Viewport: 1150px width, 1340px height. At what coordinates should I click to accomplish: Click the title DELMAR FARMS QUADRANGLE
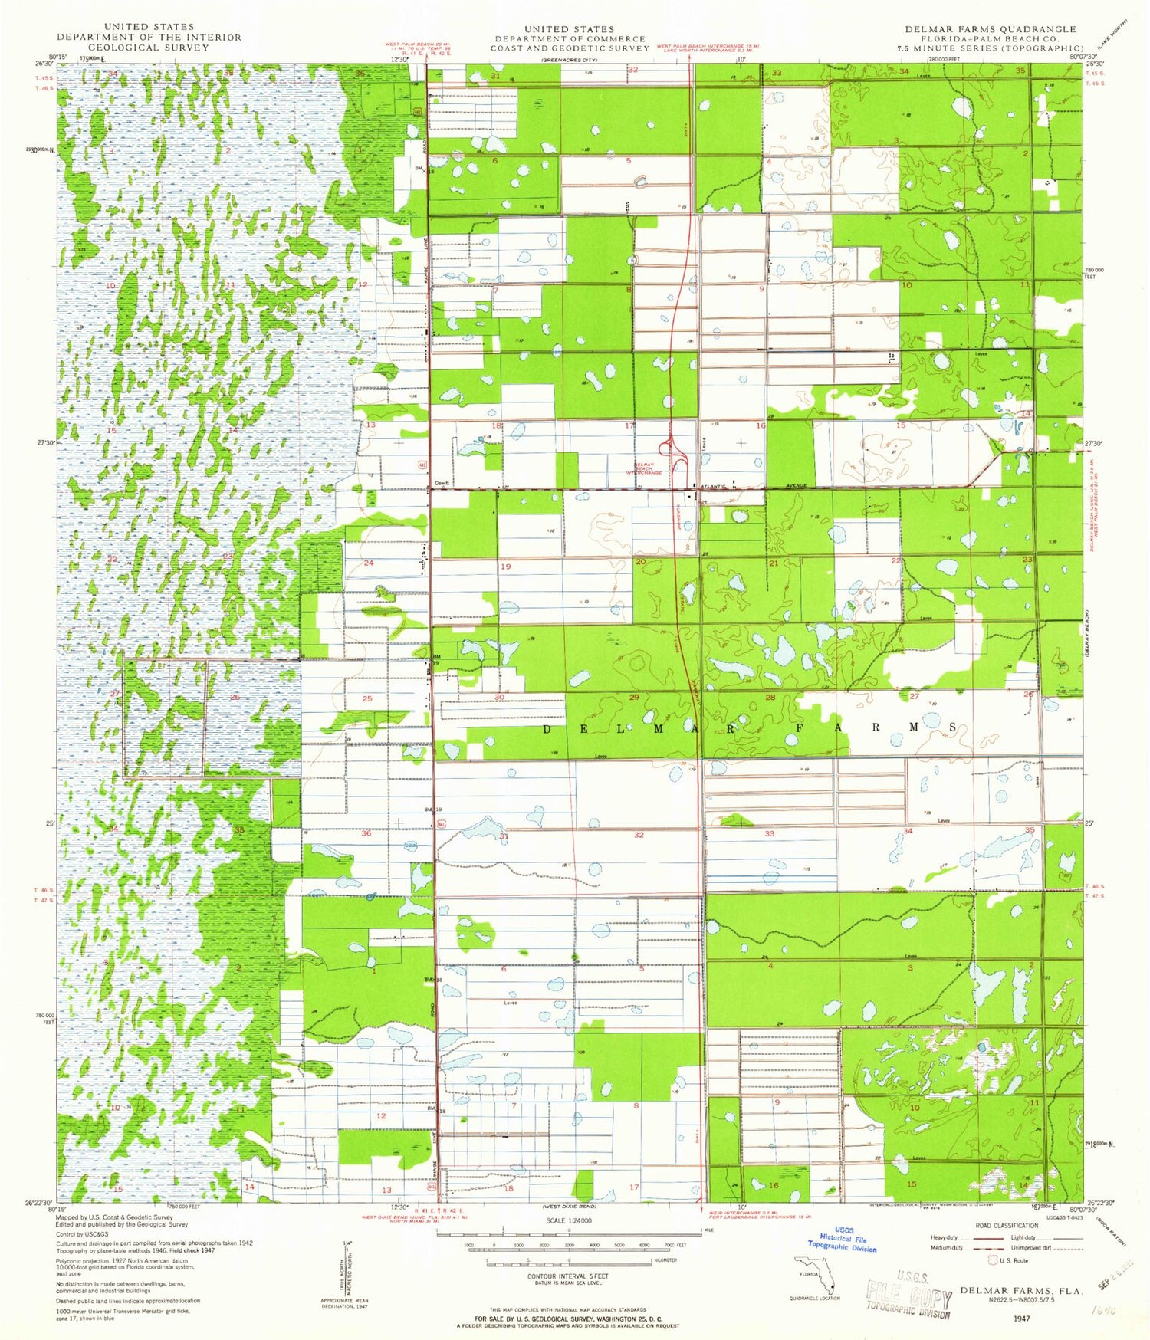click(991, 29)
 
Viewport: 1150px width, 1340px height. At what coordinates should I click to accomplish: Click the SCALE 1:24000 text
click(568, 1220)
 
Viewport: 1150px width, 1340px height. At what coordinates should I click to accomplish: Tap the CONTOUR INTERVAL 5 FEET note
click(568, 1276)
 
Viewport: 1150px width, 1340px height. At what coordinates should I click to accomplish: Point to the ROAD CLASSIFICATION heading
click(1007, 1226)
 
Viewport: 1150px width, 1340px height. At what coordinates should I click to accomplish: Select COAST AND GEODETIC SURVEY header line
click(570, 48)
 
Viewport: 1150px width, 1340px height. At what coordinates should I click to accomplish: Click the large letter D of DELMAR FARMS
click(547, 729)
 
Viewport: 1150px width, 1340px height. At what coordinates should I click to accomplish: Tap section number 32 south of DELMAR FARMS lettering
click(639, 835)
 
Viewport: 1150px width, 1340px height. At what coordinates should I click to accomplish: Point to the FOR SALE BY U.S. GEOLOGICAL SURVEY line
click(568, 1319)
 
